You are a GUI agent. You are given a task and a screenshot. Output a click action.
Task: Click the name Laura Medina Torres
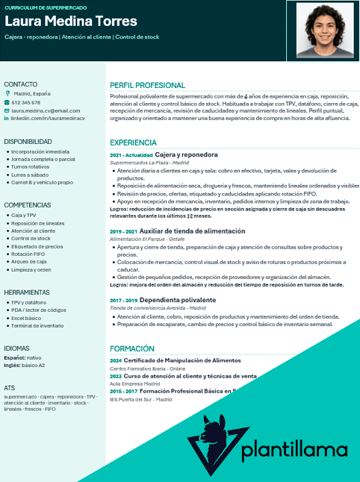71,21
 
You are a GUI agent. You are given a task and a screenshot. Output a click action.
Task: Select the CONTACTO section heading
20,84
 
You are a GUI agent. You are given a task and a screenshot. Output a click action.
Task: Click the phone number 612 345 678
26,102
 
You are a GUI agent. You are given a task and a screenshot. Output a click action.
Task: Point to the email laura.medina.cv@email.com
45,110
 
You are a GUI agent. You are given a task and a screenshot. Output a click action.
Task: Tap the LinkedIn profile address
47,118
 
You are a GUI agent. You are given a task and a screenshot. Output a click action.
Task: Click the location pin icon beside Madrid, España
7,94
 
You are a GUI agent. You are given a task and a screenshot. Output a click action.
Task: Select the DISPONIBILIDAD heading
28,141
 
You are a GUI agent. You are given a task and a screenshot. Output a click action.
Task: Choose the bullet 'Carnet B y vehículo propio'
42,182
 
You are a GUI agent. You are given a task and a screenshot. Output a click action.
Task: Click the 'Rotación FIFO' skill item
28,254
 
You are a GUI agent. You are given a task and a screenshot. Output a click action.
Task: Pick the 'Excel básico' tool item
26,318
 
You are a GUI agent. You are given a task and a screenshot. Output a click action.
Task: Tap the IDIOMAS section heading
16,348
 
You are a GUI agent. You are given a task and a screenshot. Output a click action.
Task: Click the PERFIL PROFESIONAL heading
147,85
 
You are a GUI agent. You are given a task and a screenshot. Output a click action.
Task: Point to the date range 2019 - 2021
122,232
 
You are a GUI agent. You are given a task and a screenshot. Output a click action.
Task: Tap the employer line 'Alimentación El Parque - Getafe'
147,239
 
